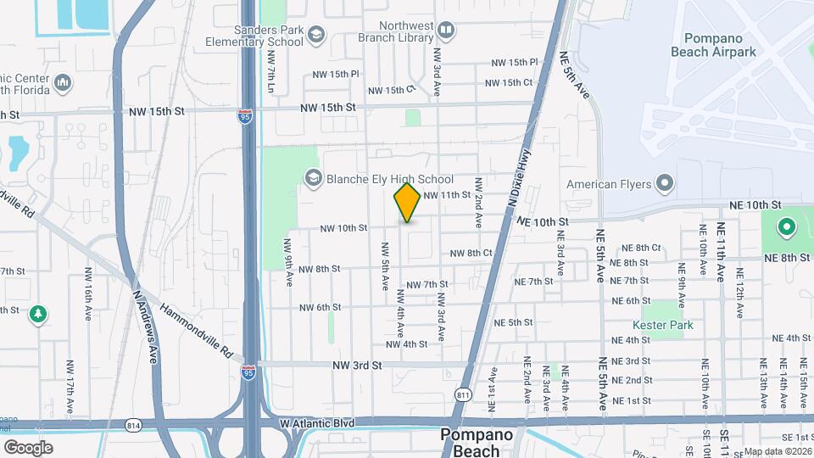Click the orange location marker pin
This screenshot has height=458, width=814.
click(x=407, y=203)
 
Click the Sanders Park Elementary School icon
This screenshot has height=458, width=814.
click(x=316, y=34)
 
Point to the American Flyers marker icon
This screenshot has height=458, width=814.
click(x=664, y=184)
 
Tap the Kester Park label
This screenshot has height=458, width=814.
click(x=662, y=325)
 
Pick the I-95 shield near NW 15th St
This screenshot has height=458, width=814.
click(x=246, y=117)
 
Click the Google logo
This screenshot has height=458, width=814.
click(x=28, y=447)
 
